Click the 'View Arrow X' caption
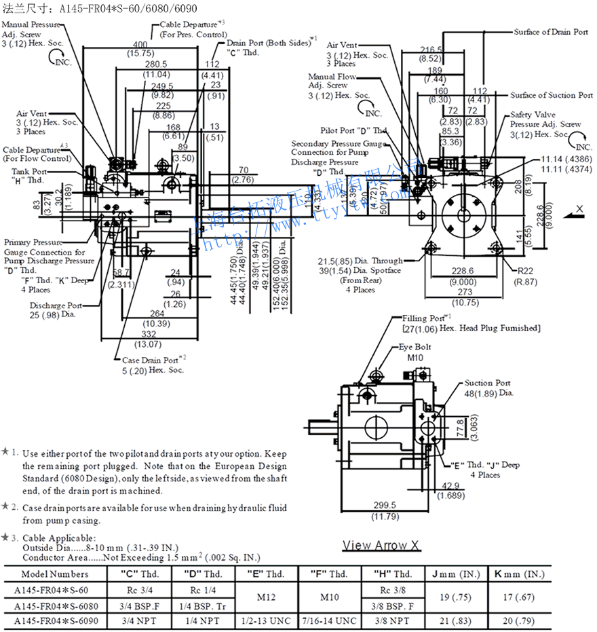381,545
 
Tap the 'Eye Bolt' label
415,347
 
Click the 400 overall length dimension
140,44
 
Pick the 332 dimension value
151,335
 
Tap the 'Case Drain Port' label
150,360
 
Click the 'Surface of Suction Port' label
552,95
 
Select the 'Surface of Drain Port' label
550,32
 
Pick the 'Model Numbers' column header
55,574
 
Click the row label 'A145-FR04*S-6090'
55,620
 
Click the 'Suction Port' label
487,383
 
